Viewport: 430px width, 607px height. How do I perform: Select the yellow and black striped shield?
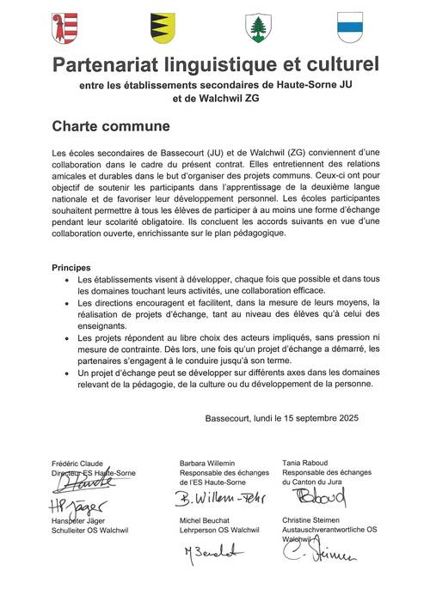pos(161,27)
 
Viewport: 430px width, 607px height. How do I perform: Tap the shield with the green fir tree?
pos(257,27)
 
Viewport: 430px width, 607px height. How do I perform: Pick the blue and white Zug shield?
pos(350,27)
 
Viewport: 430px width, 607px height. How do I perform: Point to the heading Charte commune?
pos(110,127)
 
